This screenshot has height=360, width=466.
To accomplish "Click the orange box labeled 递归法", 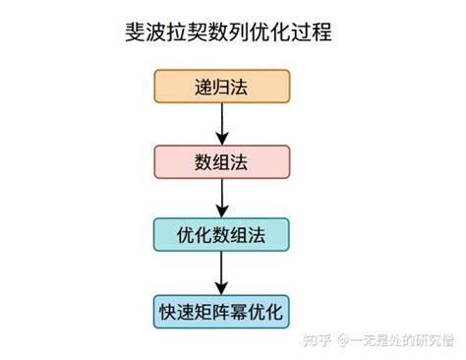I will click(x=221, y=87).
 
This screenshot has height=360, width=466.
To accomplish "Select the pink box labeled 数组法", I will click(x=221, y=161).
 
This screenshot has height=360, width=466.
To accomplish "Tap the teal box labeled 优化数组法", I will click(x=221, y=235).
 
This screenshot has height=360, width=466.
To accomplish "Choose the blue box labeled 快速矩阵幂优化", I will click(x=221, y=313).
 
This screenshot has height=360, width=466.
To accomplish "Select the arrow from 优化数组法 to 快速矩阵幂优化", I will click(x=221, y=273).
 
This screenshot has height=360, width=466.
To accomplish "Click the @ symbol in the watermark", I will click(x=347, y=341).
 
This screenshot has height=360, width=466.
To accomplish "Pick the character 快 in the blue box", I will click(x=169, y=313).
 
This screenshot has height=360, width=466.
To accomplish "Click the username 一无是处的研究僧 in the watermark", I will click(x=403, y=341).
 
